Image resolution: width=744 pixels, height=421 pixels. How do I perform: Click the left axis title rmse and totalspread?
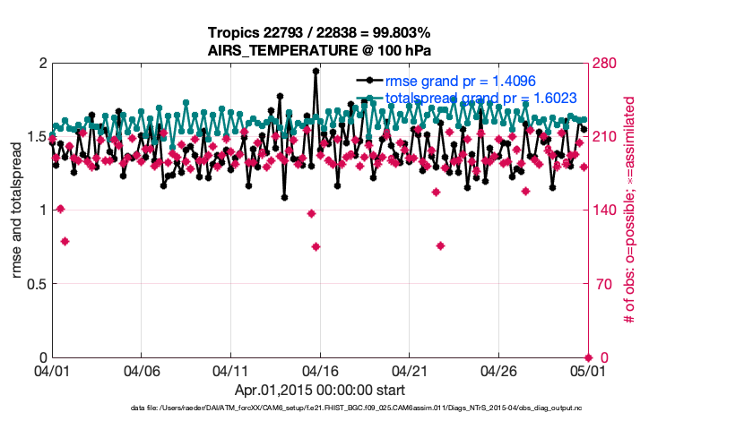click(x=17, y=210)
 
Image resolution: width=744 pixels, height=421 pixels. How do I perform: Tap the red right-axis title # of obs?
click(x=629, y=210)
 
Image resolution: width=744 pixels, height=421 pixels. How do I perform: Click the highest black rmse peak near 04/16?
click(x=316, y=71)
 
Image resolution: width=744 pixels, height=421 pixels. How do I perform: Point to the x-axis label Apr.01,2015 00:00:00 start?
click(x=319, y=391)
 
